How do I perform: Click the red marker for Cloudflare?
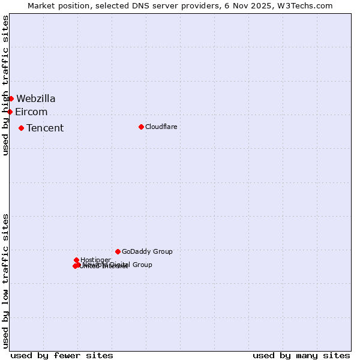(141, 127)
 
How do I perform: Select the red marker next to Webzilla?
(11, 98)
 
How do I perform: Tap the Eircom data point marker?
(10, 112)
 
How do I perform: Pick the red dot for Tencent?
(21, 128)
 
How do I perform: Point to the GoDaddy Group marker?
(118, 251)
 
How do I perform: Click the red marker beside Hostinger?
(76, 260)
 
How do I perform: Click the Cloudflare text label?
(161, 127)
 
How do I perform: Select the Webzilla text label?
(36, 98)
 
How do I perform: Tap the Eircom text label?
(31, 112)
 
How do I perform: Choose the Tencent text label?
(45, 128)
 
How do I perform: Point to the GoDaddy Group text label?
(147, 251)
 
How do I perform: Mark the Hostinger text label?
(95, 260)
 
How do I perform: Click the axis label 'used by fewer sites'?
(62, 356)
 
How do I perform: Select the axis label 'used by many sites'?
(301, 356)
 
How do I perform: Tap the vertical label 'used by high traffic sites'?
(5, 86)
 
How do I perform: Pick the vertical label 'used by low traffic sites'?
(5, 281)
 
